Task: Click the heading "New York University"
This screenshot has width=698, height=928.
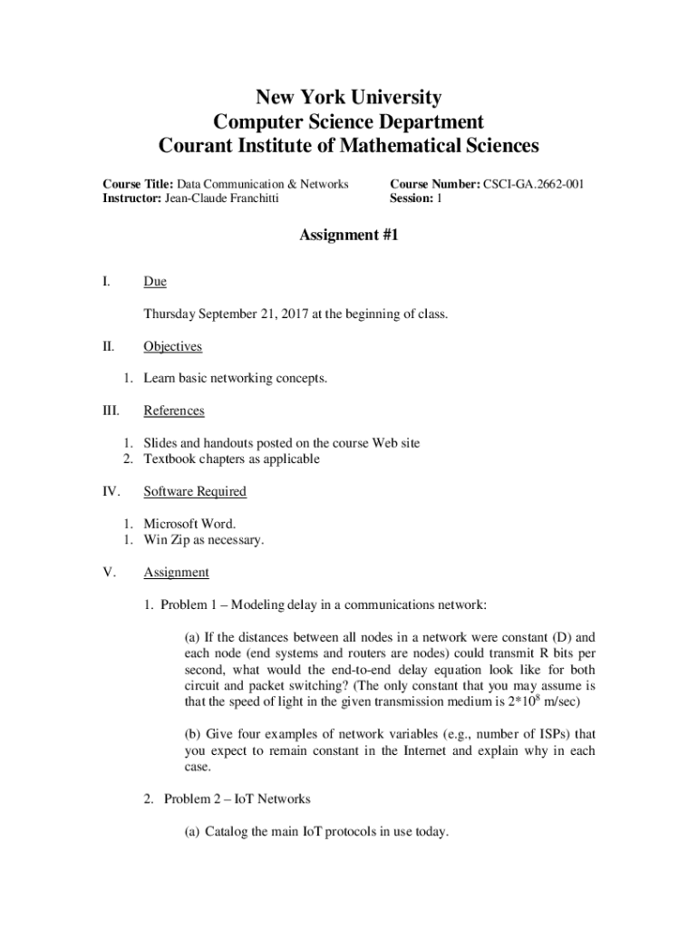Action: [349, 97]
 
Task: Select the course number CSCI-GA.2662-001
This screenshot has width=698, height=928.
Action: [533, 184]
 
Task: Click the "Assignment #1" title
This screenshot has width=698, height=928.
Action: [349, 236]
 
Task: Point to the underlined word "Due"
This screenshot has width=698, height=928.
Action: [155, 282]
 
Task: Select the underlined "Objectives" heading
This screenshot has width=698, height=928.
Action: [172, 346]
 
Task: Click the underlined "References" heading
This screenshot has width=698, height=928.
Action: [174, 411]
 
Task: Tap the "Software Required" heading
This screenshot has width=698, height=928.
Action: [195, 491]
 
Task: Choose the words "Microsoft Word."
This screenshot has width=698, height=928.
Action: [189, 524]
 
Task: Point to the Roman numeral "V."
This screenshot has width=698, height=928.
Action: [110, 572]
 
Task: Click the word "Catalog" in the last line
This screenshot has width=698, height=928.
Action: [228, 831]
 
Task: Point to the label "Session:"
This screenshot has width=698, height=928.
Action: [412, 198]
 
